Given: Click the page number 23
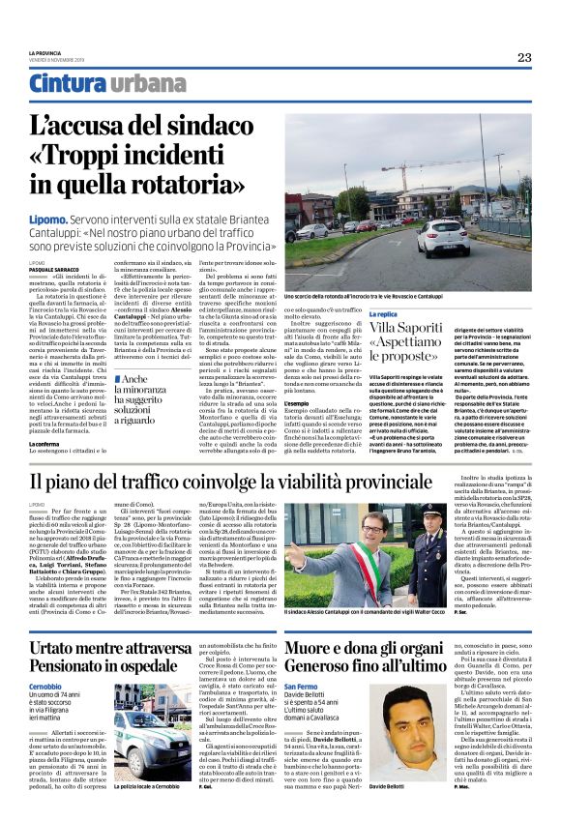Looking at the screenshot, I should click(x=523, y=58).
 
